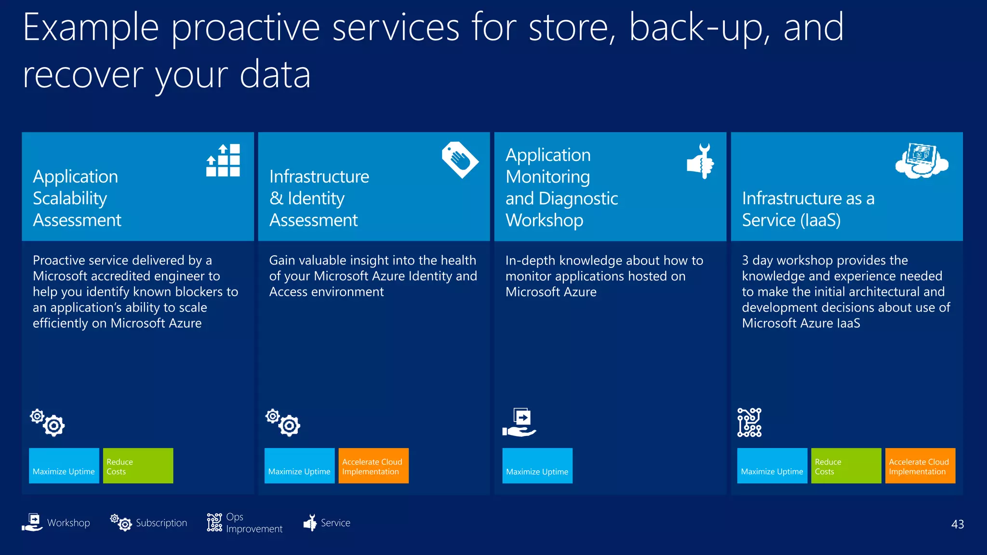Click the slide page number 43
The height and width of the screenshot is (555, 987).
(957, 524)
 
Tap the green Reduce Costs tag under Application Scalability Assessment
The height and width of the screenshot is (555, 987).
(138, 466)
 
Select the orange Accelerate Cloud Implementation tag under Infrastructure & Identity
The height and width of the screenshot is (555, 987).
(373, 466)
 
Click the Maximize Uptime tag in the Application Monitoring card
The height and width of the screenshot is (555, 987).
(537, 466)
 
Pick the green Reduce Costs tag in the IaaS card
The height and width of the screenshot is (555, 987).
(846, 466)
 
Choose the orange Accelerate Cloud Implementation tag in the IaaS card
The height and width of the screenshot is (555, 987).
(920, 466)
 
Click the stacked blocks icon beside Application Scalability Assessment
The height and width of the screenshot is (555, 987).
(223, 160)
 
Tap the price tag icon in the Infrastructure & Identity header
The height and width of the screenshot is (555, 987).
(460, 160)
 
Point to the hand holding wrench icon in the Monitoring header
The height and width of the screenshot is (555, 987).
(701, 161)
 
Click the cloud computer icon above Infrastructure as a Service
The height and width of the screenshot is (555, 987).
(921, 161)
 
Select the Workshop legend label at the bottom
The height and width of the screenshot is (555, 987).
(68, 523)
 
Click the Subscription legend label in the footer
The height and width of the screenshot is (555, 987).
(161, 523)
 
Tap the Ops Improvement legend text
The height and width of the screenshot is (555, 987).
(253, 523)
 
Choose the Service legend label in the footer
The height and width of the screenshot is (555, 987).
(335, 523)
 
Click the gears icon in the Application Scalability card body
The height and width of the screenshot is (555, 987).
(47, 423)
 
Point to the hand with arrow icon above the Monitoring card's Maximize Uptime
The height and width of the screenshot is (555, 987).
(520, 423)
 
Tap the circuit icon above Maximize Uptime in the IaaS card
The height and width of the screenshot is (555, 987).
(749, 423)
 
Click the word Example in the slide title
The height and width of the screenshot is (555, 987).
(91, 28)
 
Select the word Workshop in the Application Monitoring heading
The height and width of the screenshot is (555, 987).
(544, 220)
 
